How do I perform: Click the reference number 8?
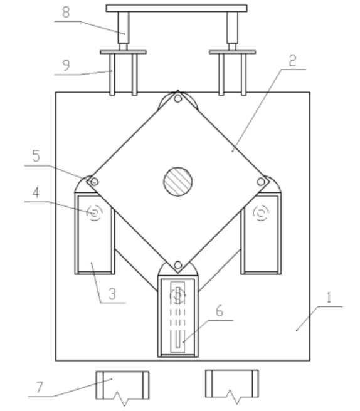(66, 12)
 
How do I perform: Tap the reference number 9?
(66, 65)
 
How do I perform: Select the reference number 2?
(292, 61)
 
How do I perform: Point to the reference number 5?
(36, 156)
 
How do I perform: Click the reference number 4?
(36, 192)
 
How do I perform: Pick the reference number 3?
(112, 294)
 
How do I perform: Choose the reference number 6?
(220, 311)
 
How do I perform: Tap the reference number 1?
(329, 298)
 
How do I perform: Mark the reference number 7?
(40, 387)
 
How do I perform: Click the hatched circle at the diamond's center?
(178, 182)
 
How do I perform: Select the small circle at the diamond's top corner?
(178, 98)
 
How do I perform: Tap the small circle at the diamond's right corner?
(261, 182)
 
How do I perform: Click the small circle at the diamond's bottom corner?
(178, 265)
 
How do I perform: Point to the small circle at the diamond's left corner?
(95, 182)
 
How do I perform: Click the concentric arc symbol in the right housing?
(261, 212)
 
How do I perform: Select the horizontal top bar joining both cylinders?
(176, 8)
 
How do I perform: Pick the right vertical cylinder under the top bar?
(233, 28)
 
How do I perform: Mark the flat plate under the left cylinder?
(124, 52)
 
